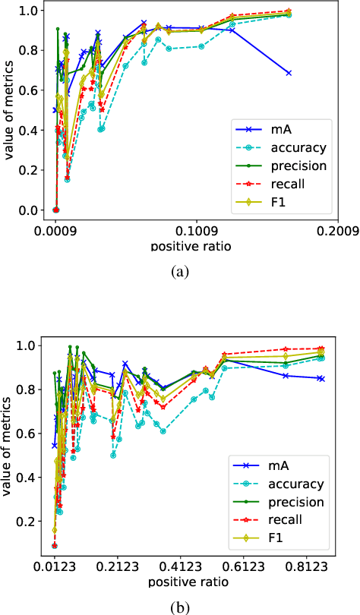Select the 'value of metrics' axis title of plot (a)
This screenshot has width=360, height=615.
pyautogui.click(x=10, y=112)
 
